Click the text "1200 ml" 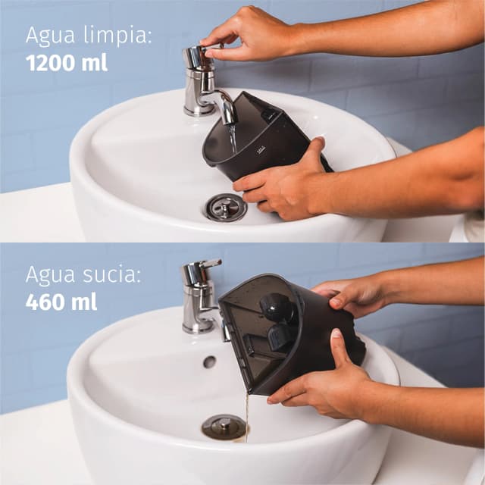click(x=67, y=62)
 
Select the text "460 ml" click(x=61, y=302)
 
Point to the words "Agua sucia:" click(x=83, y=274)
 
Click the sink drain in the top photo click(x=225, y=207)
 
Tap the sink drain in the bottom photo click(x=224, y=427)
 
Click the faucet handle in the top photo click(x=196, y=57)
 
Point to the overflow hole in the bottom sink click(x=209, y=362)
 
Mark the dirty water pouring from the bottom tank click(x=246, y=417)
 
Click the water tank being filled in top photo click(x=258, y=140)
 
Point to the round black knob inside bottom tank click(x=277, y=308)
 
